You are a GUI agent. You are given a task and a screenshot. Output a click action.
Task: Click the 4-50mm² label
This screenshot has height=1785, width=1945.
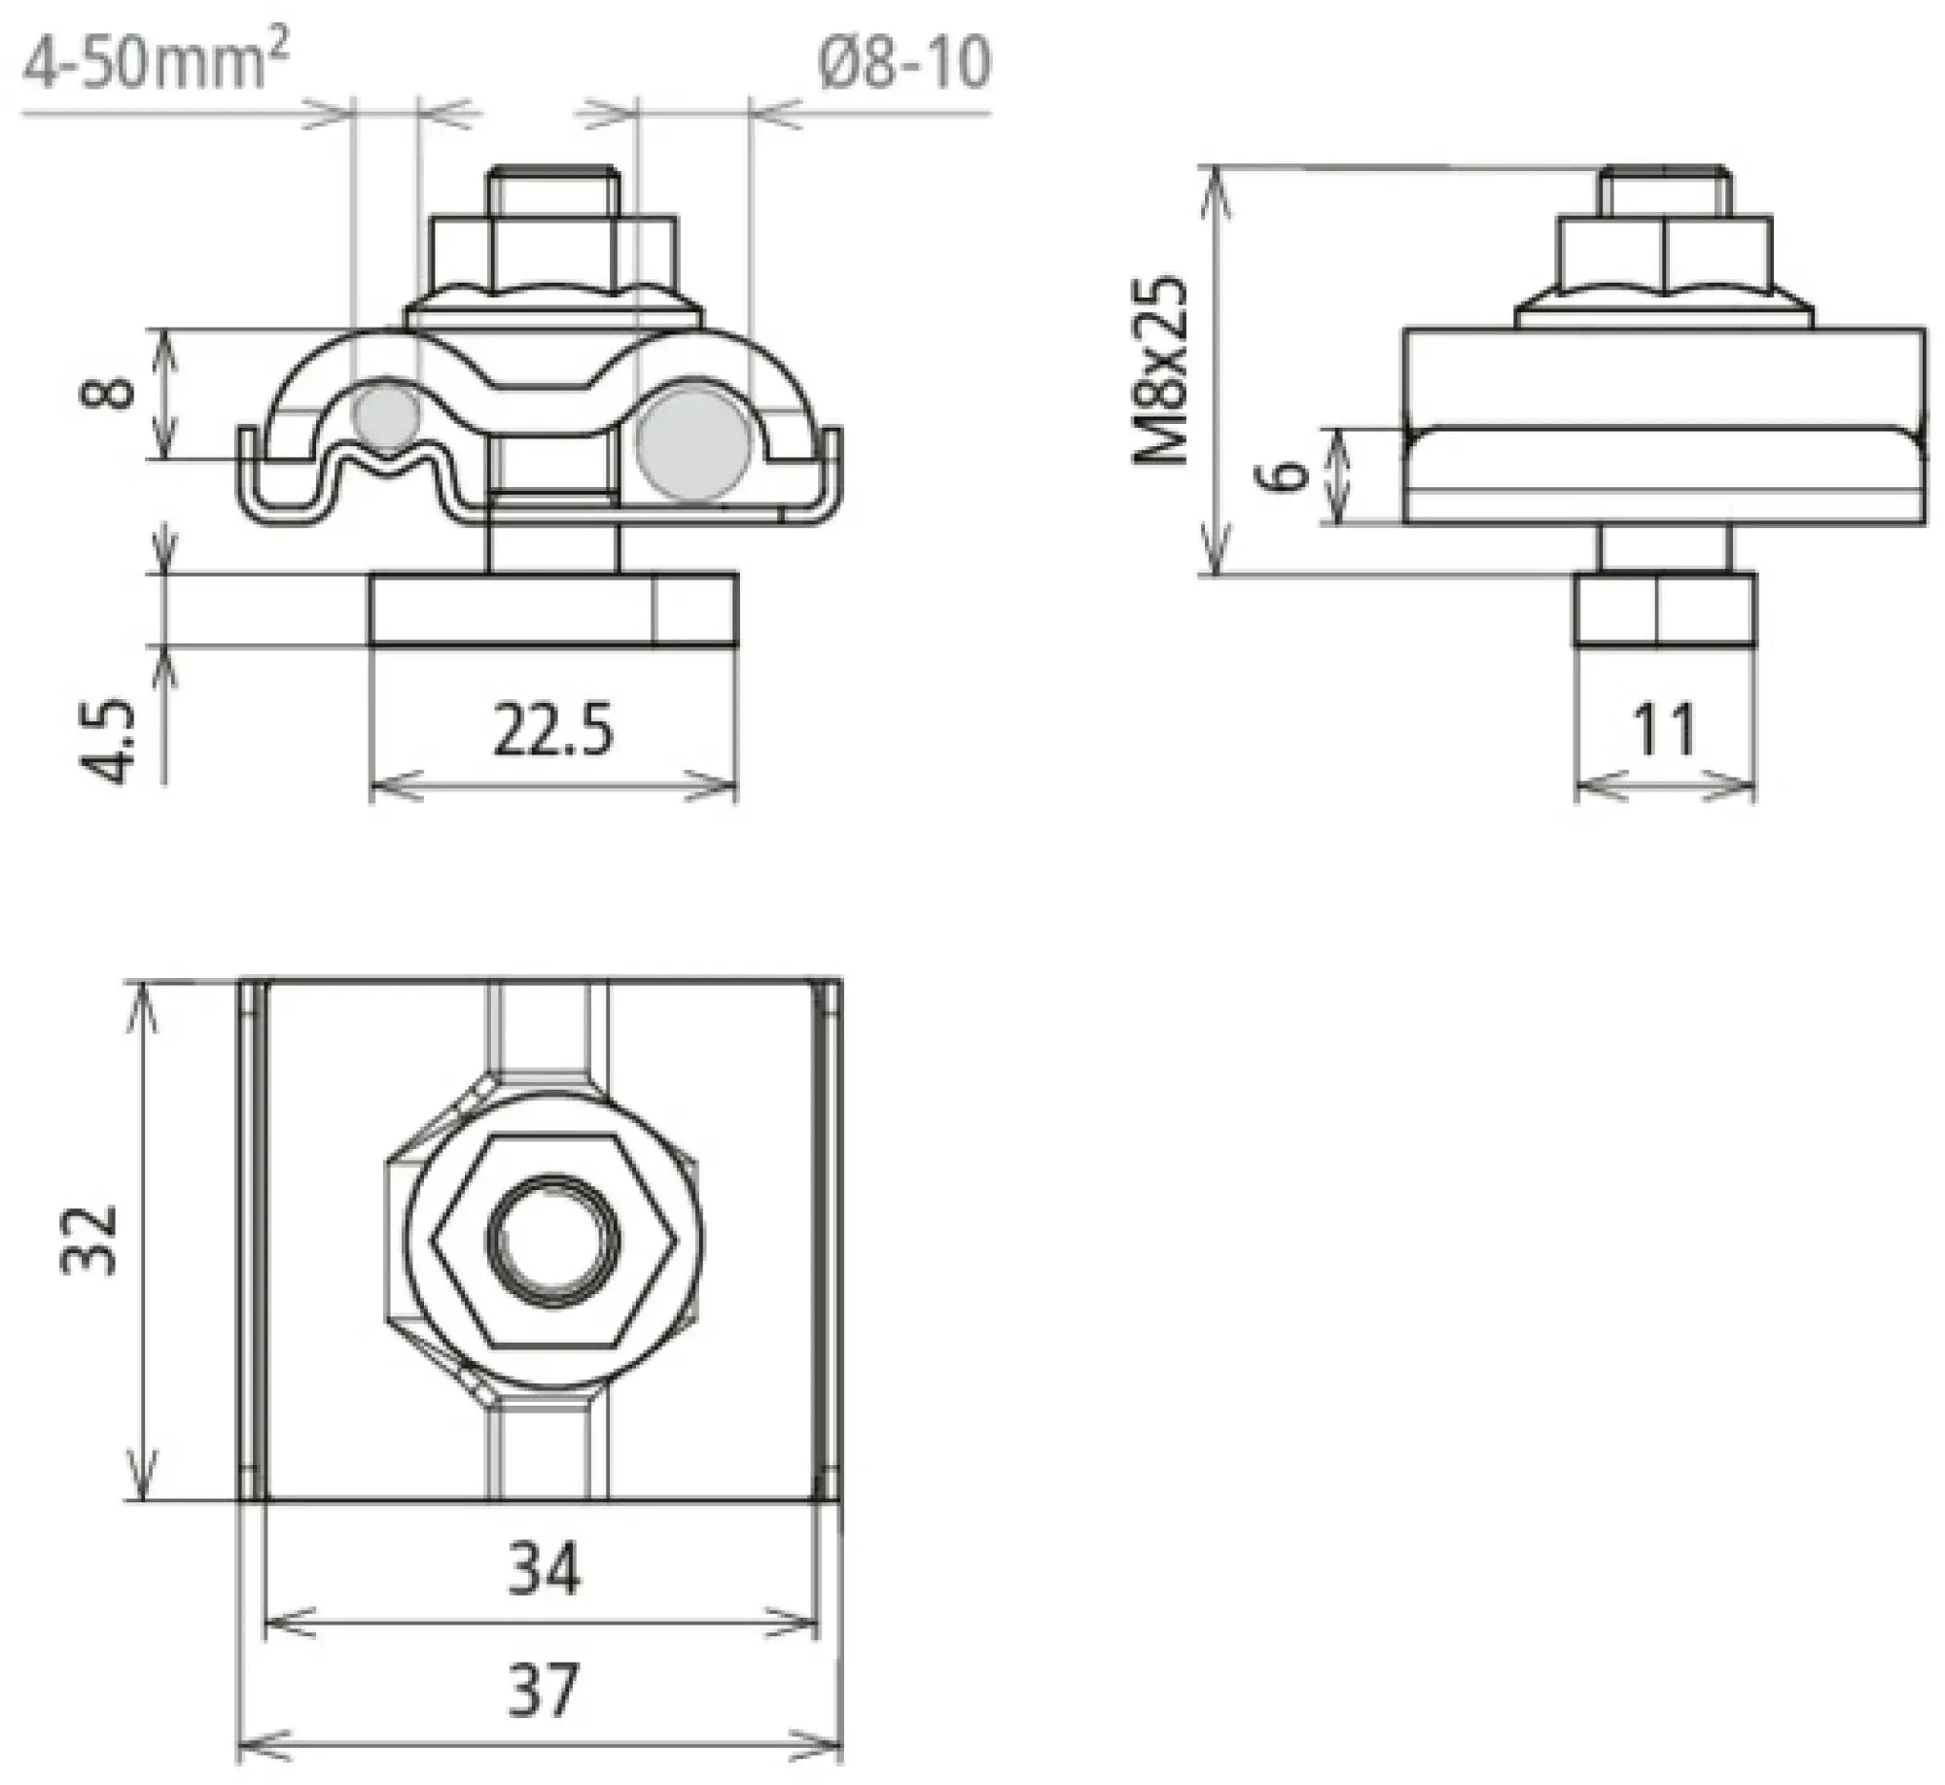tap(156, 66)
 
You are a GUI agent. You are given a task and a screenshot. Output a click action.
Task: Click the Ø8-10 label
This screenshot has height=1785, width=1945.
tap(904, 66)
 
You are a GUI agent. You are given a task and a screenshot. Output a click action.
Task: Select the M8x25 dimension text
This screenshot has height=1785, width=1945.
tap(1162, 370)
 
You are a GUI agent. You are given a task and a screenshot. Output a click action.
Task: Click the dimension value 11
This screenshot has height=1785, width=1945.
tap(1664, 730)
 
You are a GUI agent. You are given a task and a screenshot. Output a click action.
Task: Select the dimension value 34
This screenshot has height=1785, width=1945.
tap(544, 1568)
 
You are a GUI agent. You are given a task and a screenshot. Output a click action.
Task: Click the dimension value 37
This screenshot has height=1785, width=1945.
tap(544, 1689)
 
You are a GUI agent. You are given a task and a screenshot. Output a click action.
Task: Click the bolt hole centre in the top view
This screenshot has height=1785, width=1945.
tap(553, 1242)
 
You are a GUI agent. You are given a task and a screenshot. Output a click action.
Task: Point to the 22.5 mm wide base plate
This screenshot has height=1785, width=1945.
tap(551, 610)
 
